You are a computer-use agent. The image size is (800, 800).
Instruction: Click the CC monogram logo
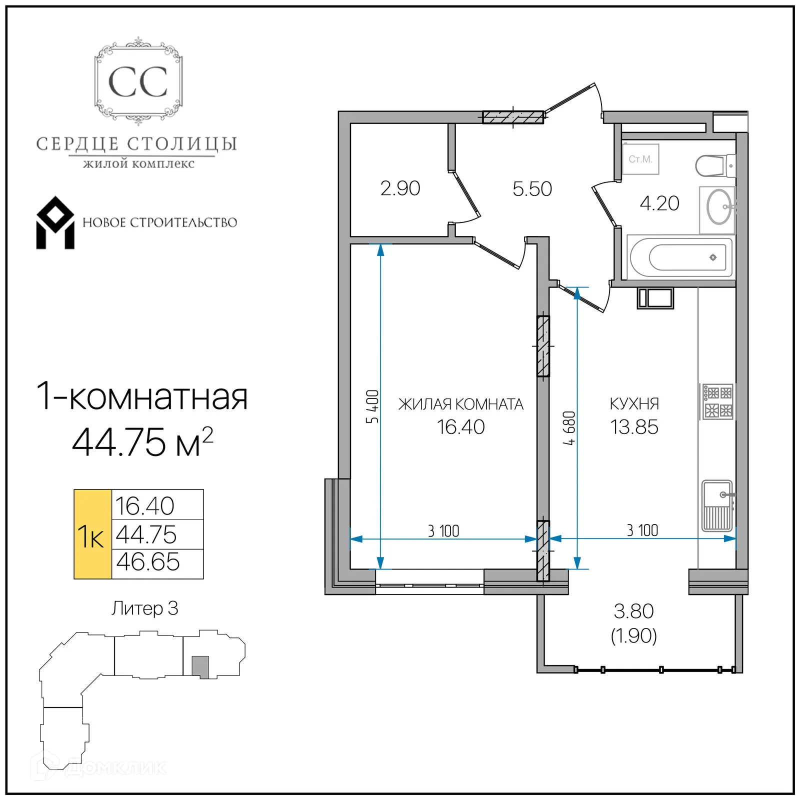pyautogui.click(x=138, y=81)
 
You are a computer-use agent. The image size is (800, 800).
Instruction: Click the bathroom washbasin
pyautogui.click(x=718, y=207)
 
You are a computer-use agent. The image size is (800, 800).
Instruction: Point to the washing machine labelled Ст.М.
pyautogui.click(x=640, y=159)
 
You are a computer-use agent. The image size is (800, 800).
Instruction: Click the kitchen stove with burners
pyautogui.click(x=717, y=401)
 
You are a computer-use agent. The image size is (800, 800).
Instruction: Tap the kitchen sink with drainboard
pyautogui.click(x=717, y=505)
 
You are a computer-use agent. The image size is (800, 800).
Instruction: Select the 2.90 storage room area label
pyautogui.click(x=400, y=188)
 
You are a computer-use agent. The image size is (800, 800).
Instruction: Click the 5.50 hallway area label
pyautogui.click(x=532, y=189)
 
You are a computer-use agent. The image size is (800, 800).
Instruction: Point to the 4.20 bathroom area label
pyautogui.click(x=659, y=203)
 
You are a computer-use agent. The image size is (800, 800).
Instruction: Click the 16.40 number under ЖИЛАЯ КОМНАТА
pyautogui.click(x=460, y=427)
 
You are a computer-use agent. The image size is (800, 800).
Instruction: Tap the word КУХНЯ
pyautogui.click(x=634, y=403)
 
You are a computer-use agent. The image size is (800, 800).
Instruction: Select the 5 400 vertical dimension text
pyautogui.click(x=372, y=406)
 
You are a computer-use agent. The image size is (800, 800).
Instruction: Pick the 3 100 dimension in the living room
pyautogui.click(x=443, y=531)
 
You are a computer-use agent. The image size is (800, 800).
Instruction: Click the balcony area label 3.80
pyautogui.click(x=633, y=611)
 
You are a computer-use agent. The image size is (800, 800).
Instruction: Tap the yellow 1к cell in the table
pyautogui.click(x=92, y=534)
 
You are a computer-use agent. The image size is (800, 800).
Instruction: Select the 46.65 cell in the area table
pyautogui.click(x=148, y=562)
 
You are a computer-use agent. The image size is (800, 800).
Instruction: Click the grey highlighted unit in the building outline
pyautogui.click(x=200, y=667)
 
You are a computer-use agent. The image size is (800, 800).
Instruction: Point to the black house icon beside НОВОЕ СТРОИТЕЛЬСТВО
pyautogui.click(x=55, y=223)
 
